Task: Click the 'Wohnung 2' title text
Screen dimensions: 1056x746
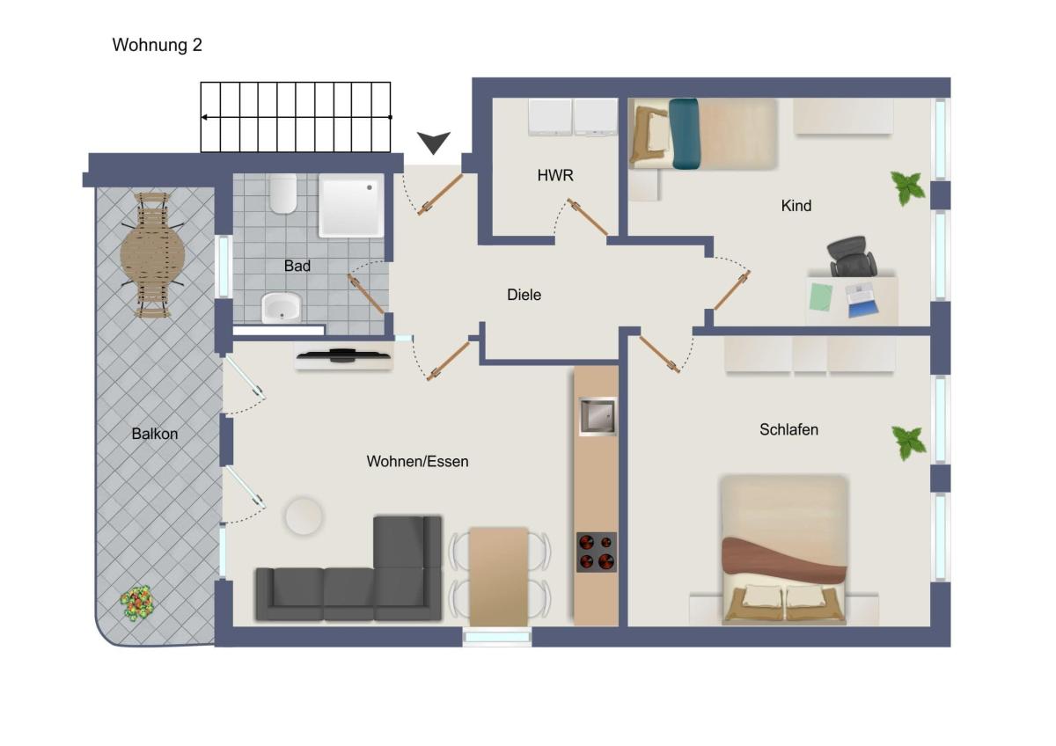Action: pos(157,45)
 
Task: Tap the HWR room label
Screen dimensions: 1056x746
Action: pos(555,175)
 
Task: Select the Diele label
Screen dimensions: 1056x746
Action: pos(524,295)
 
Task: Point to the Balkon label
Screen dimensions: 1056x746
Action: pos(155,434)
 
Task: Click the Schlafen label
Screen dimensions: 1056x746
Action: pos(788,429)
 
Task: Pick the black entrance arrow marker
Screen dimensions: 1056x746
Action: pos(433,143)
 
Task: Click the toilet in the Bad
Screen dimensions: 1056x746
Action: pos(282,194)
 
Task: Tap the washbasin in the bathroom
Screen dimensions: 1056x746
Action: pos(282,307)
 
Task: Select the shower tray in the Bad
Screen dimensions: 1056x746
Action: pos(351,206)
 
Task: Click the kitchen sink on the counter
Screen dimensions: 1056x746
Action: pos(598,416)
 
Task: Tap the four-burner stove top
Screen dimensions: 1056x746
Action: pos(597,552)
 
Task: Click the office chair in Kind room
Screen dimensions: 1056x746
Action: pos(852,256)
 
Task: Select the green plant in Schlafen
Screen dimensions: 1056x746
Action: pos(908,442)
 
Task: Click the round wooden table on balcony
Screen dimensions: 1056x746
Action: pos(152,255)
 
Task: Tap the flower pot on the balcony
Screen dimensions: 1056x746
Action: pos(137,603)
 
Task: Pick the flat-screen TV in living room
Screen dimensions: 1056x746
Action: pos(344,355)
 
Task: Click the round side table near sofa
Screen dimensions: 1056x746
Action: pos(304,516)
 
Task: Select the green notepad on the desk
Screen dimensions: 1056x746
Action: pos(821,296)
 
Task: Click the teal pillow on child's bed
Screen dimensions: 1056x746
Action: pos(684,134)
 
